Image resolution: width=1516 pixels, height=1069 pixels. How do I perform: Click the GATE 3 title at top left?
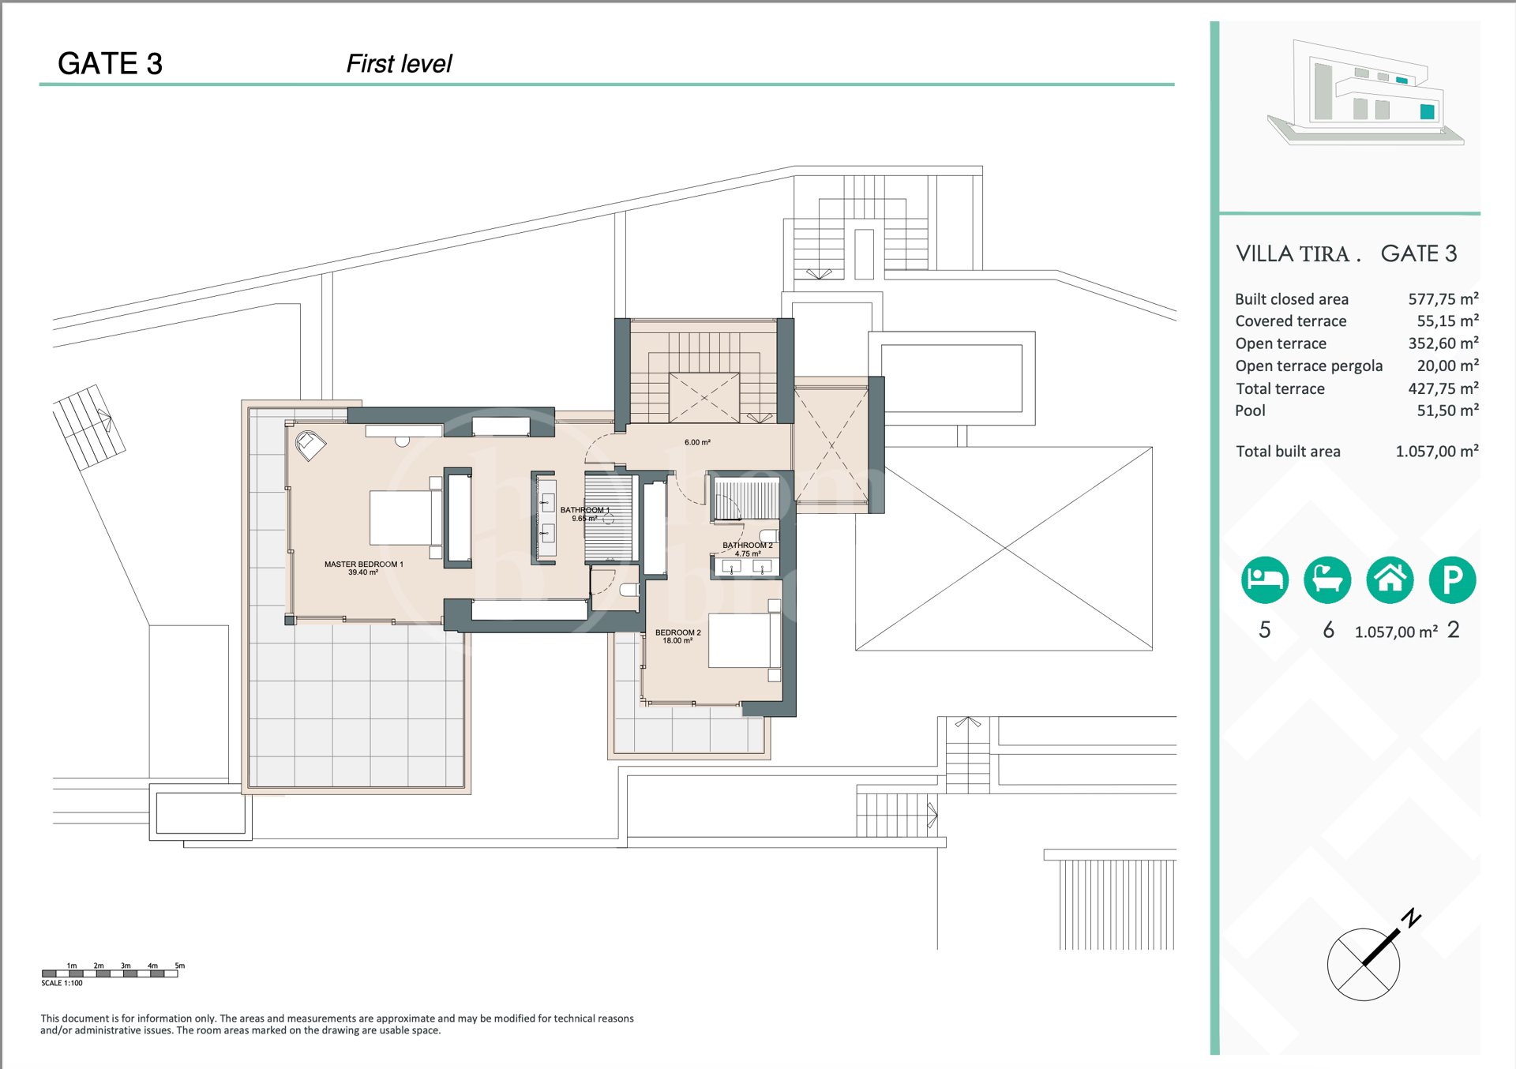coord(110,64)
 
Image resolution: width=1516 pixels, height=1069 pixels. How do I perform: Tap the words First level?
coord(399,64)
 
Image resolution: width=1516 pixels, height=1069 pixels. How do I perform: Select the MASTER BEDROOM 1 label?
coord(363,565)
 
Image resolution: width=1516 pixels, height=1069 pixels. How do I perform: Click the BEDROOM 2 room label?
coord(677,632)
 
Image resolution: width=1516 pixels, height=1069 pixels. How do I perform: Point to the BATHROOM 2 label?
coord(748,546)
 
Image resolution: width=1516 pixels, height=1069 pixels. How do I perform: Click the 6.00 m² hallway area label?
coord(697,442)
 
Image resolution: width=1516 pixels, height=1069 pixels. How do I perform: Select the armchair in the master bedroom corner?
coord(310,445)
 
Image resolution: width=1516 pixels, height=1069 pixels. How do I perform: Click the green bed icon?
coord(1264,580)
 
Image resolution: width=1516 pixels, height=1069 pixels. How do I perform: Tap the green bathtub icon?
coord(1326,580)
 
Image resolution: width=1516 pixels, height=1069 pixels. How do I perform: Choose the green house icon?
coord(1390,580)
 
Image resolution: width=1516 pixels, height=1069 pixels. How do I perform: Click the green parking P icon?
coord(1452,580)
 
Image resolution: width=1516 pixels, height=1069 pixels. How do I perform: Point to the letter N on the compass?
coord(1411,918)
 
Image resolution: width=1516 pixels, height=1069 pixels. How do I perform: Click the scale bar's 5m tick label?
coord(180,966)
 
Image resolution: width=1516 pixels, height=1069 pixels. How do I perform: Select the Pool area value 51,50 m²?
coord(1447,411)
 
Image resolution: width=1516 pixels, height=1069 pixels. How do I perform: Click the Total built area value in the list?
coord(1436,452)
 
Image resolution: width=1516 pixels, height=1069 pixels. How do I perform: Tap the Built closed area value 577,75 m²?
coord(1443,299)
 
